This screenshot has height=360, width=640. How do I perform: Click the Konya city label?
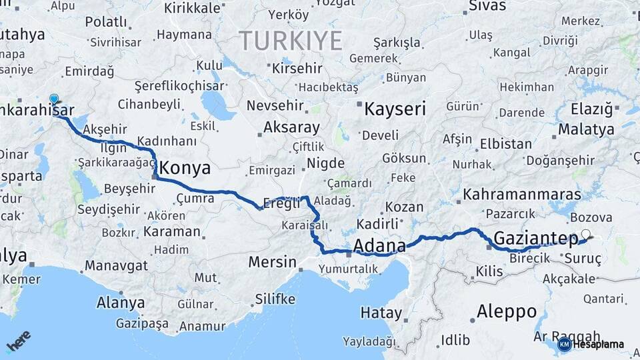coord(185,167)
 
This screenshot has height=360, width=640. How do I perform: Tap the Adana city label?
coord(379,247)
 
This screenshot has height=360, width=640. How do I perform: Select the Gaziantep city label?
coord(536,239)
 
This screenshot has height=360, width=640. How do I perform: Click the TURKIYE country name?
coord(291,41)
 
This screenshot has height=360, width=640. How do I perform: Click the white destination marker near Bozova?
coord(585,234)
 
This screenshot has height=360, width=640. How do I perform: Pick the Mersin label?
coord(272,262)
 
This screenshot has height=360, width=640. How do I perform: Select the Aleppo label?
coord(507,311)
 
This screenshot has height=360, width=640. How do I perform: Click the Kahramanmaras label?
coord(522,195)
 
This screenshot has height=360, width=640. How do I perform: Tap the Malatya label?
coord(587,129)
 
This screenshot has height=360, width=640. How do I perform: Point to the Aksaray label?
coord(291,127)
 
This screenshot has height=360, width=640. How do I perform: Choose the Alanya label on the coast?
coord(121,303)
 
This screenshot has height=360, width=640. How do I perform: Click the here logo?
coord(19,342)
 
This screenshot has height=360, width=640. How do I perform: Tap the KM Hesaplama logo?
coord(591,344)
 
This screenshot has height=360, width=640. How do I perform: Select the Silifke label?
coord(275,299)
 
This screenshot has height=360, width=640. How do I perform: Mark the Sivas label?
coord(483,7)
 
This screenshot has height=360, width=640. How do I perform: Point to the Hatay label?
coord(381,312)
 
